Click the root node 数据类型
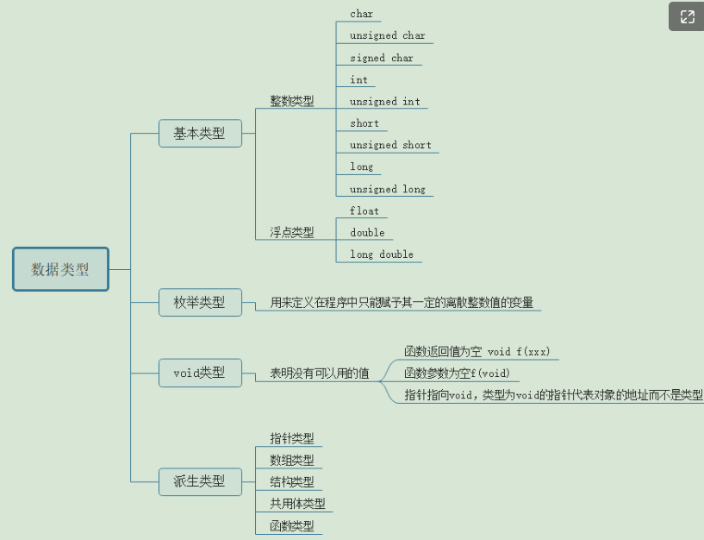[60, 269]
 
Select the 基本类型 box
[200, 134]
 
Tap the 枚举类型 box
[200, 302]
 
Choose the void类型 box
[200, 373]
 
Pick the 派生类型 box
[200, 481]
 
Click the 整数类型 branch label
[292, 101]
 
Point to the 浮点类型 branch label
[292, 232]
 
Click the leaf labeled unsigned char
[387, 36]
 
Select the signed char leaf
[381, 58]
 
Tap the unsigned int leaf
[384, 102]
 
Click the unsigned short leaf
[390, 145]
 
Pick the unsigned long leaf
[387, 189]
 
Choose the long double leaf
[381, 254]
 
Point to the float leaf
[364, 210]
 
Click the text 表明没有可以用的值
[320, 374]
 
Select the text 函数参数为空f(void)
[457, 374]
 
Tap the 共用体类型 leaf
[297, 504]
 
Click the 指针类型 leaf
[292, 438]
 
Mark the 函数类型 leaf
[292, 525]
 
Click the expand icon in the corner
[687, 17]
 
